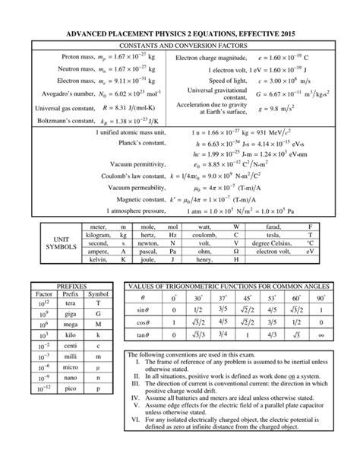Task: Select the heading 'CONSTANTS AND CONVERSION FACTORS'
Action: [180, 45]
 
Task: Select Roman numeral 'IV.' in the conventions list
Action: [135, 396]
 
